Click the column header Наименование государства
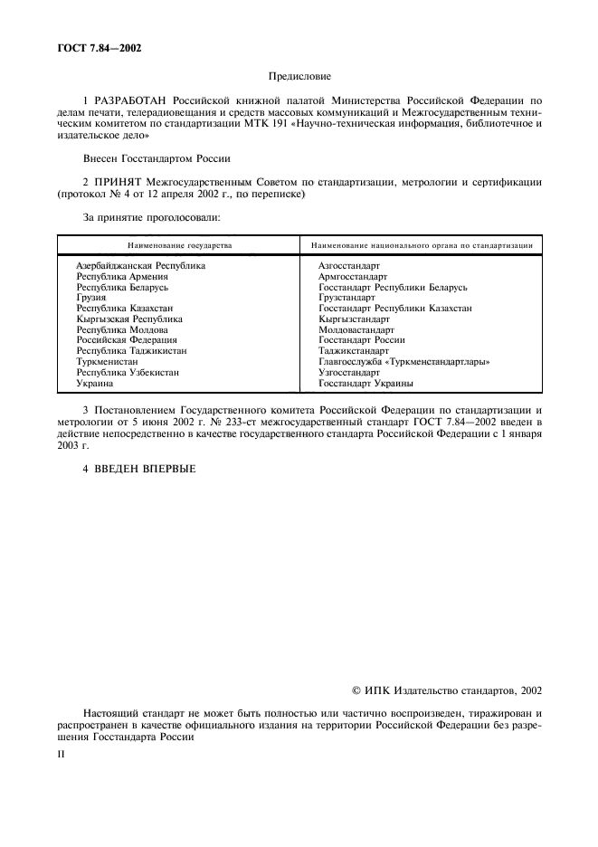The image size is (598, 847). [x=179, y=245]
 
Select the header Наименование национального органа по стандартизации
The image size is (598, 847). [x=421, y=245]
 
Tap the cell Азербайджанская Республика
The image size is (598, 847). [x=140, y=266]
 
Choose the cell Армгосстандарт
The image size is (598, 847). [x=353, y=277]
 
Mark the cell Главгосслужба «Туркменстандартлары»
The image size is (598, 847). [x=404, y=362]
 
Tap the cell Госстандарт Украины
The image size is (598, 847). [x=365, y=384]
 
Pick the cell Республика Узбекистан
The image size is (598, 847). [x=128, y=373]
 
